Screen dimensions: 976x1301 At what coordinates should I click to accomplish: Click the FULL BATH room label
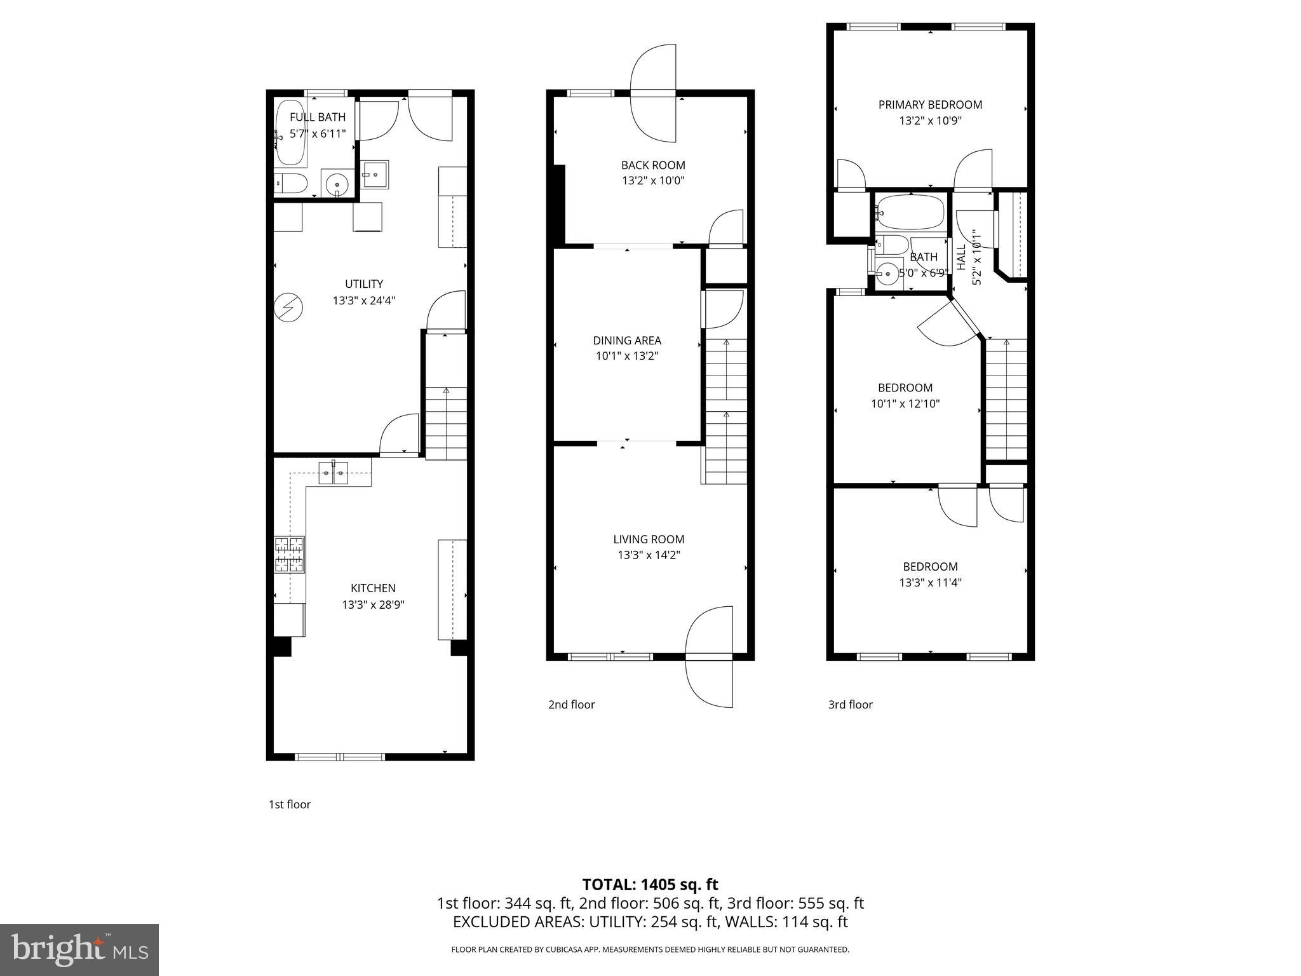click(x=318, y=117)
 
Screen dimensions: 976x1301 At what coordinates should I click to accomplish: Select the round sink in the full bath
click(x=336, y=185)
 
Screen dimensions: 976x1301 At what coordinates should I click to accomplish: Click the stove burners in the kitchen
click(x=290, y=555)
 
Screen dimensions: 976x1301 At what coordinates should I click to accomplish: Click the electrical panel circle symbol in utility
click(x=288, y=308)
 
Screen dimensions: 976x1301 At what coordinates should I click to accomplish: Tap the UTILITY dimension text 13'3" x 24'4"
click(x=364, y=301)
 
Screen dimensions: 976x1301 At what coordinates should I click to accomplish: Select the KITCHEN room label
click(x=373, y=588)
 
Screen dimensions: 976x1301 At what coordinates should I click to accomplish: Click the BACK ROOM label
click(x=653, y=165)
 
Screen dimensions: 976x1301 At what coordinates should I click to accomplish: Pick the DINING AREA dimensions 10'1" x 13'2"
click(x=627, y=356)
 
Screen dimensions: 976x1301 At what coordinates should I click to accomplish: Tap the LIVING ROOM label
click(x=649, y=539)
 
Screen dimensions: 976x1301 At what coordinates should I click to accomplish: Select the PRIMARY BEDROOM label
click(x=930, y=105)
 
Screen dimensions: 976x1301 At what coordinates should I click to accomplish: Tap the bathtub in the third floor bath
click(x=910, y=212)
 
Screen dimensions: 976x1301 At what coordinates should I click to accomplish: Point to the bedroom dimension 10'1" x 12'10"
click(x=905, y=403)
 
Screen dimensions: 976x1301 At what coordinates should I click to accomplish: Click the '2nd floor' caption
click(x=571, y=705)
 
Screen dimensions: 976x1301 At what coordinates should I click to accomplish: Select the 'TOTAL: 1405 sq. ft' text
click(x=650, y=884)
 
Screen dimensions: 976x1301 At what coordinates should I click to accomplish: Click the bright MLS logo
click(x=79, y=949)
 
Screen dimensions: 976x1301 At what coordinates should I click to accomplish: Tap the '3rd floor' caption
click(x=850, y=705)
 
